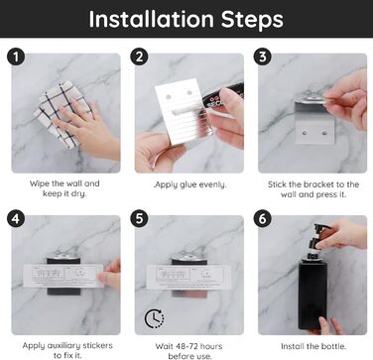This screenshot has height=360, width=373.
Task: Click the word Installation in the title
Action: [152, 19]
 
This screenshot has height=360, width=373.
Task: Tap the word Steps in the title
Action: [252, 20]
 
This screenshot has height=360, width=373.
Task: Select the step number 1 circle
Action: [16, 57]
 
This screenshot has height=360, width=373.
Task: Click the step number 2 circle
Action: [139, 57]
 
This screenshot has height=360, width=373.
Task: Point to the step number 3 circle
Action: [263, 57]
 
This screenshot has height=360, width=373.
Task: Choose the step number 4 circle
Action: [16, 219]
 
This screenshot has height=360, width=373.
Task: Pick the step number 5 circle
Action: [139, 219]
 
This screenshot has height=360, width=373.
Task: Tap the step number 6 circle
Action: [263, 219]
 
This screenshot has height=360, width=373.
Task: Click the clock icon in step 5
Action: [155, 318]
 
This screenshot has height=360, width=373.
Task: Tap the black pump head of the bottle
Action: [318, 237]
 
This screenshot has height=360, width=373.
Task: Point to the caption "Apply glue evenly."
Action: [190, 184]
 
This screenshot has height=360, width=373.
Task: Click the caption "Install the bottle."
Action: [313, 346]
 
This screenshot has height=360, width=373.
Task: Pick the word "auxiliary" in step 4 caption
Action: [65, 346]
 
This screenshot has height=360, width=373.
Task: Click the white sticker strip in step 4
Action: [63, 276]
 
